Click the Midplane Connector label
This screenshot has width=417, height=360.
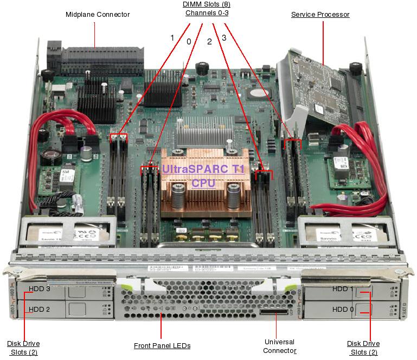click(98, 14)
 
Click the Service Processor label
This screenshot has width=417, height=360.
click(320, 15)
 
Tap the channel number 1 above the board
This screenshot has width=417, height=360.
click(172, 38)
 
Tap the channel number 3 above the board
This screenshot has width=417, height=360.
click(223, 38)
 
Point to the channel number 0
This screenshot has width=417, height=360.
click(189, 41)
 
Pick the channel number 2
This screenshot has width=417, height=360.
click(209, 41)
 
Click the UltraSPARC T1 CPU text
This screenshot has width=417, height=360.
click(203, 176)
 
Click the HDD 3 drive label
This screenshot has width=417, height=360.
click(40, 289)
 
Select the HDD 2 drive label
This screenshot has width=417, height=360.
click(40, 310)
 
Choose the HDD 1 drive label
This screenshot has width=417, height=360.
click(342, 289)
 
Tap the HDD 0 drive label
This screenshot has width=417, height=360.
click(342, 310)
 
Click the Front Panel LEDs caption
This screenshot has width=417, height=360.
click(162, 345)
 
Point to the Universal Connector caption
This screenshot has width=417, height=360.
click(279, 346)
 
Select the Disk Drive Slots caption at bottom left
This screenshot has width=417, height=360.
click(23, 348)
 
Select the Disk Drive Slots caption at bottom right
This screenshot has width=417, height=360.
click(363, 348)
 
